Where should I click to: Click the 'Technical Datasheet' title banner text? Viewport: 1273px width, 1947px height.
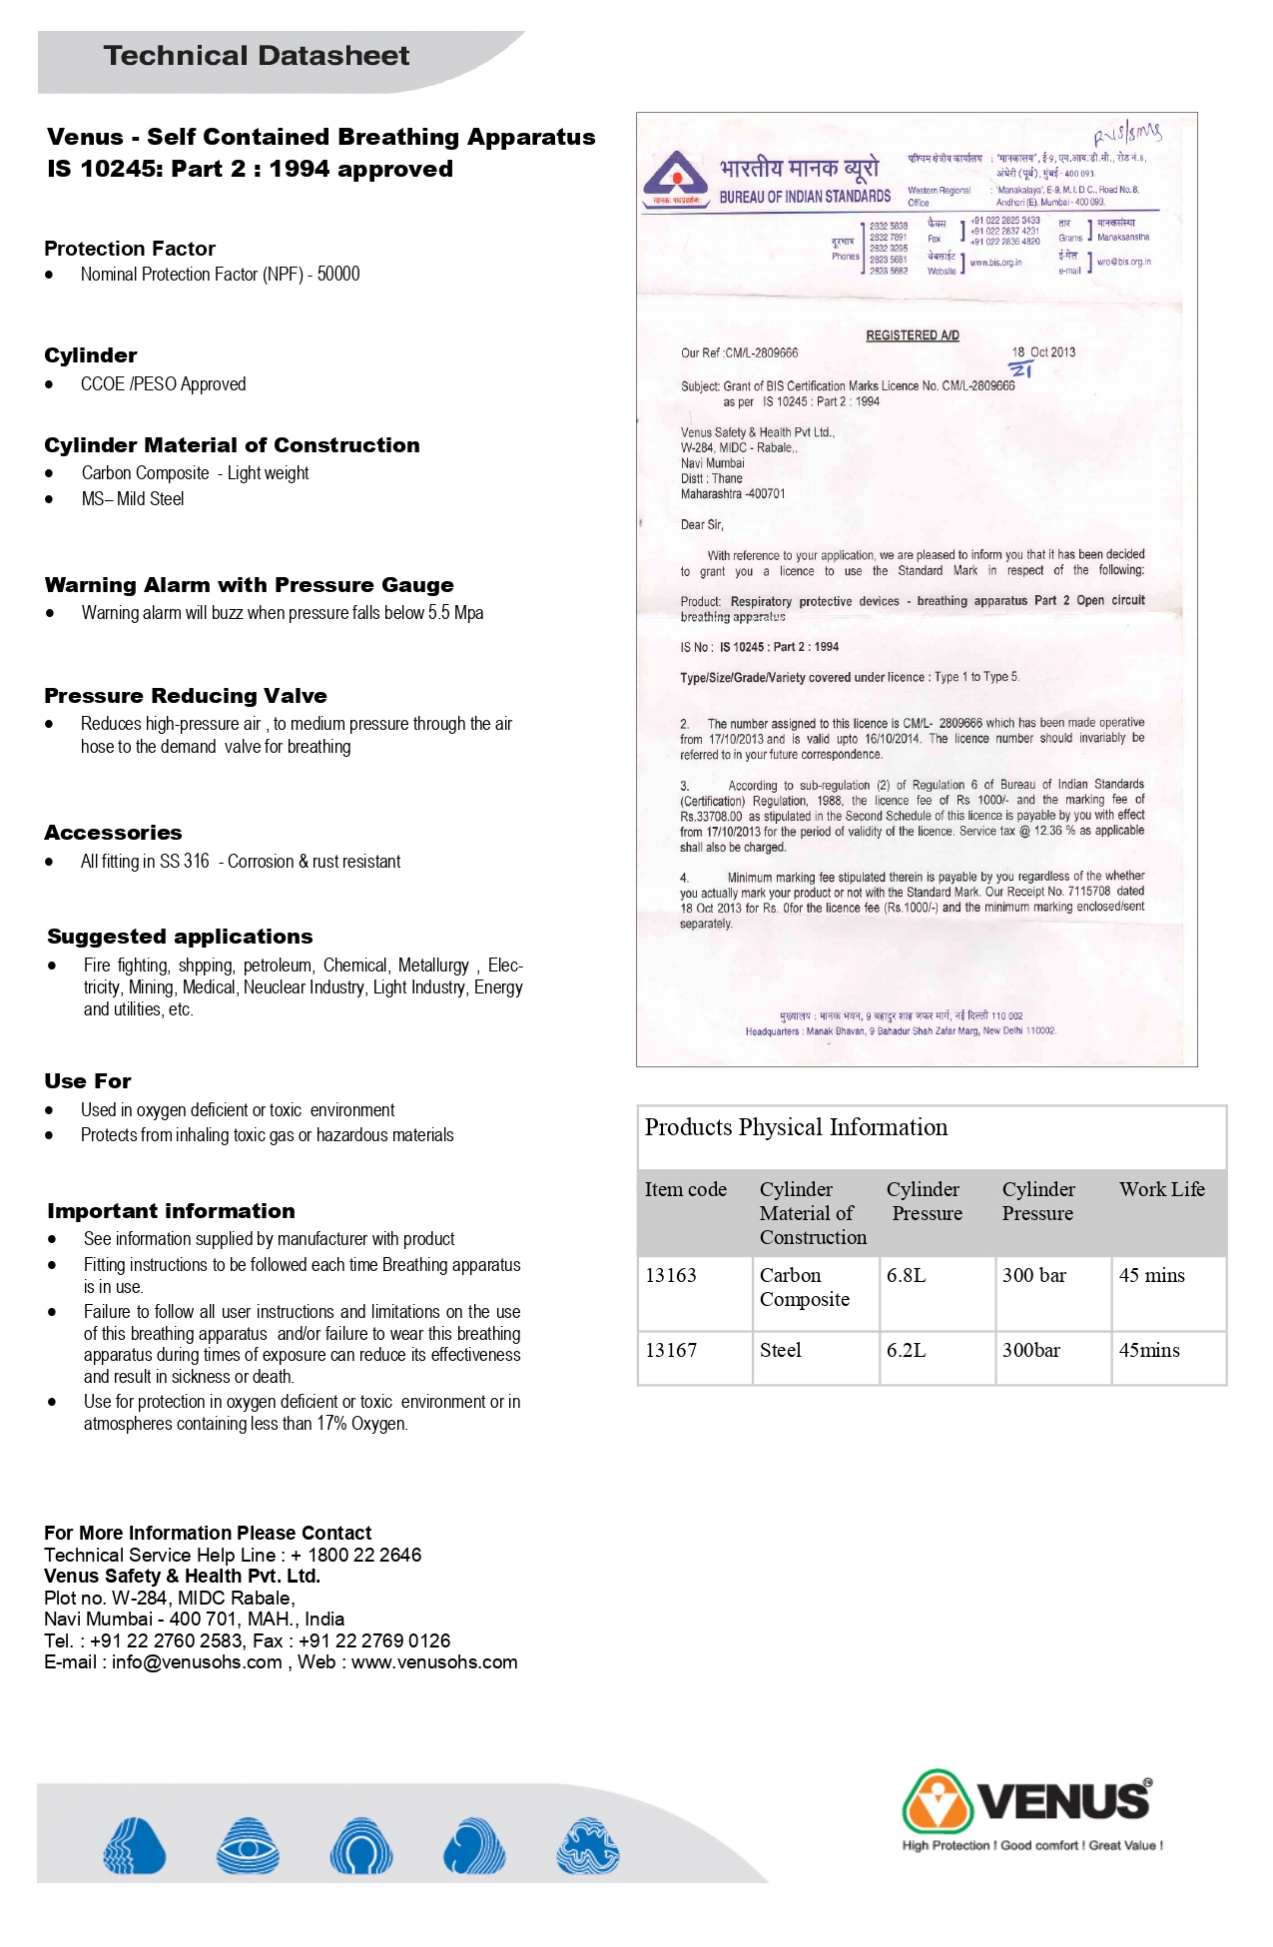click(x=257, y=56)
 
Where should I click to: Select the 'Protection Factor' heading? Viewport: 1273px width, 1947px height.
click(x=130, y=249)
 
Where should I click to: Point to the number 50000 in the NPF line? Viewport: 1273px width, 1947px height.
click(x=338, y=275)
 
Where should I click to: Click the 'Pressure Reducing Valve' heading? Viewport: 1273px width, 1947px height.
click(x=186, y=696)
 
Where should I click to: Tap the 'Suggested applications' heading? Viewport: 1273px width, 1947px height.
click(x=180, y=937)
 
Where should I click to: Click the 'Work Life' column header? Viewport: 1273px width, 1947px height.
click(x=1161, y=1189)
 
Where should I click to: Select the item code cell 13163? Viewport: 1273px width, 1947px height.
click(x=671, y=1275)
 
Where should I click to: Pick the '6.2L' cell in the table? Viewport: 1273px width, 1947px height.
click(x=906, y=1350)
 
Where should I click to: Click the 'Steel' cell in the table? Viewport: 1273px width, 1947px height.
click(x=781, y=1350)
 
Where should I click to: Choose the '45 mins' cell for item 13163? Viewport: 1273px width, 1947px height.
click(x=1151, y=1275)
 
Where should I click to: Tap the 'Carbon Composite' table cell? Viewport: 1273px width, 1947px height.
click(x=805, y=1287)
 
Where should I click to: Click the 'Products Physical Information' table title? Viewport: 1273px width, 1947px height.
click(x=796, y=1127)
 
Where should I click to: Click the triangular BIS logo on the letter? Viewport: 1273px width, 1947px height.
click(x=676, y=176)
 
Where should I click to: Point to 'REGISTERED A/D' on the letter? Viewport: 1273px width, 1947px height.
click(x=913, y=335)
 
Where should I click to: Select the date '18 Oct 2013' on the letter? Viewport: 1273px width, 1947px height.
click(x=1043, y=352)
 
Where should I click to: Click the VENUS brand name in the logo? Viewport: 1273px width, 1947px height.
click(x=1063, y=1802)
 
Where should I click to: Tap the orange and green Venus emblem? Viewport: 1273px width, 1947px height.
click(x=937, y=1802)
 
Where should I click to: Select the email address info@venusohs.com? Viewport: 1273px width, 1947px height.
click(x=197, y=1662)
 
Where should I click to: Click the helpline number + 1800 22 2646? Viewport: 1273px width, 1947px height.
click(x=356, y=1555)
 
